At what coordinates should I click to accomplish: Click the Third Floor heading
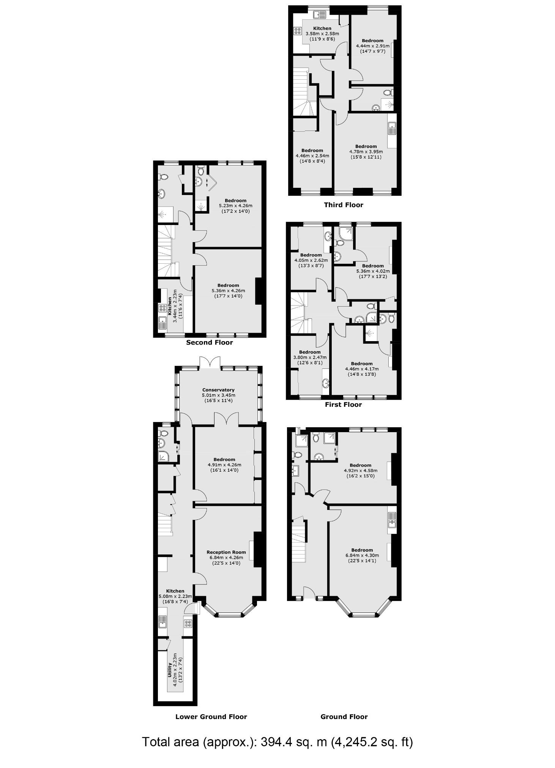(343, 205)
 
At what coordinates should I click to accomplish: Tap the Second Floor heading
(209, 343)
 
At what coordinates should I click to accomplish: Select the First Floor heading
(343, 404)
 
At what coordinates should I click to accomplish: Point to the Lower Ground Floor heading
(211, 717)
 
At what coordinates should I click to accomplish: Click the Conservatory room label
(218, 390)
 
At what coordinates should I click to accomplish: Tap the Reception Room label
(226, 552)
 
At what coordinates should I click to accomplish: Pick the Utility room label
(170, 670)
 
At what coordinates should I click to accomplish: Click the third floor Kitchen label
(322, 28)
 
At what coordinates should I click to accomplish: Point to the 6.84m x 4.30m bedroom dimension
(362, 556)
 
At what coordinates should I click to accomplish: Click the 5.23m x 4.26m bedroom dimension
(235, 206)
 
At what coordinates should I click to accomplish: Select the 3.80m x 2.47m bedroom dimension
(310, 357)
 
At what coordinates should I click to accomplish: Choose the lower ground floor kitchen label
(175, 591)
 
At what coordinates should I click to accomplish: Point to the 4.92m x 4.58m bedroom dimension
(360, 471)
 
